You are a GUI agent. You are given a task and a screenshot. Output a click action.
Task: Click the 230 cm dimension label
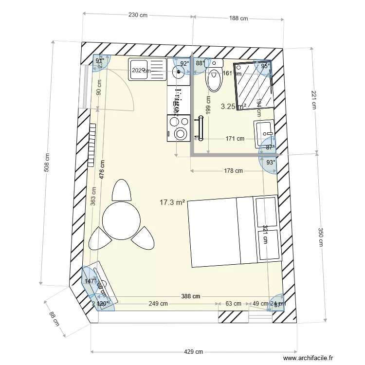[138, 15]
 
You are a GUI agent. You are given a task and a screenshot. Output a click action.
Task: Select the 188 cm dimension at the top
[238, 18]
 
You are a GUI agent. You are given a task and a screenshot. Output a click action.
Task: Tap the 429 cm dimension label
[193, 352]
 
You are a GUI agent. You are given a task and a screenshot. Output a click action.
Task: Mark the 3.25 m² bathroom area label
[233, 106]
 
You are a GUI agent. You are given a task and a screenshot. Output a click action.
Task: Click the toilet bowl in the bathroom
[214, 80]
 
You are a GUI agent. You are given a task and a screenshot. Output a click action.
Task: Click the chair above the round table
[121, 190]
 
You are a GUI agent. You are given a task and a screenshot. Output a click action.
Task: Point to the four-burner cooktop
[179, 121]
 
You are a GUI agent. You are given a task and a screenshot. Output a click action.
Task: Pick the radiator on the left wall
[91, 145]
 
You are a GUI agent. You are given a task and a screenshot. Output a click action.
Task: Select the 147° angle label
[90, 281]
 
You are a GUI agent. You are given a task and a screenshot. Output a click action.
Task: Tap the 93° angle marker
[271, 162]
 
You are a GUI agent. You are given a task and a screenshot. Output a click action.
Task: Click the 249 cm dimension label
[158, 304]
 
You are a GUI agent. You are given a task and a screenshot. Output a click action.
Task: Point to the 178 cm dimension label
[233, 171]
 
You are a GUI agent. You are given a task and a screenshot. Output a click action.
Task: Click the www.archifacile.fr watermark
[309, 358]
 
